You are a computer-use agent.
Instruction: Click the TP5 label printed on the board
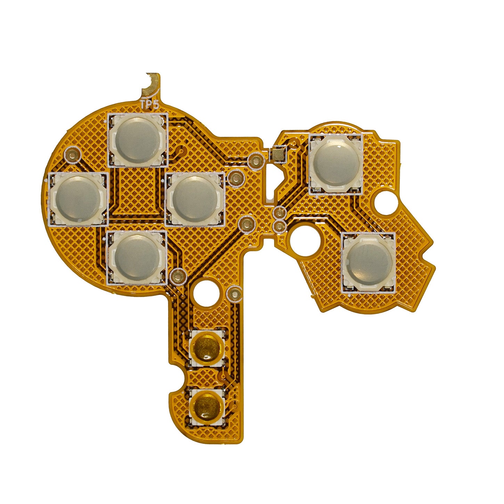point(149,105)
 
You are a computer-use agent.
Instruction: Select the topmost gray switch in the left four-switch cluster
point(138,140)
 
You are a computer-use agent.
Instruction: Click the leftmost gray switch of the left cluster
point(78,199)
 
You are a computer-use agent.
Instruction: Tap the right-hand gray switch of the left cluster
point(195,199)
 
